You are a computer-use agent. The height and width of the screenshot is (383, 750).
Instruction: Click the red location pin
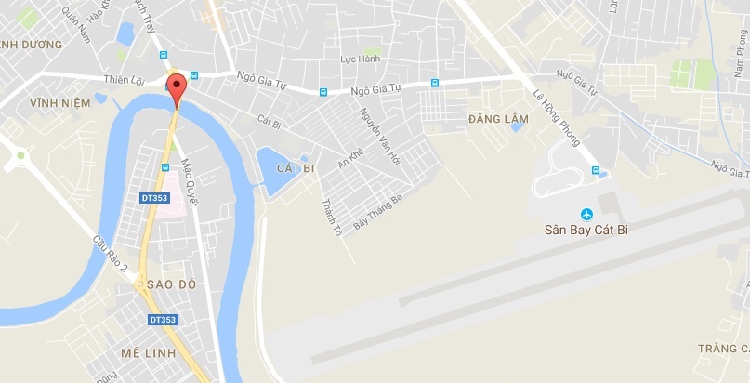click(177, 90)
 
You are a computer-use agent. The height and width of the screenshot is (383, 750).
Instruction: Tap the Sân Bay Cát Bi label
click(587, 228)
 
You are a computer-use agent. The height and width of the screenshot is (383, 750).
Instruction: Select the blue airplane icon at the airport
click(586, 212)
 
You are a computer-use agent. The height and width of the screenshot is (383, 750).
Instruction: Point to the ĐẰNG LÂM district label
click(498, 119)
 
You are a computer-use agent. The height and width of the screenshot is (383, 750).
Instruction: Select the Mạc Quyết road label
click(191, 174)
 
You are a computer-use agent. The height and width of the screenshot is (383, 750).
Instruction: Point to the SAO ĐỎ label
click(171, 284)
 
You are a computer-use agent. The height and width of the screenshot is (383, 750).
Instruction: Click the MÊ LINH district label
click(146, 354)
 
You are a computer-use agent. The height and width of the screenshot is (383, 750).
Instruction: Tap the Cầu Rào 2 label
click(110, 253)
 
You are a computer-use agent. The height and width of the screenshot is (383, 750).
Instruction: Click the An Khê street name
click(350, 163)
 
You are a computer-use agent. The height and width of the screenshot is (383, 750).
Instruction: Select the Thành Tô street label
click(325, 216)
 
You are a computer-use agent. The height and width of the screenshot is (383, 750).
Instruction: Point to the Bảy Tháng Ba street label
click(377, 213)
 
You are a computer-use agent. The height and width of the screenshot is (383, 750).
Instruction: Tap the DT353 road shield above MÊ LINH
click(163, 320)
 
